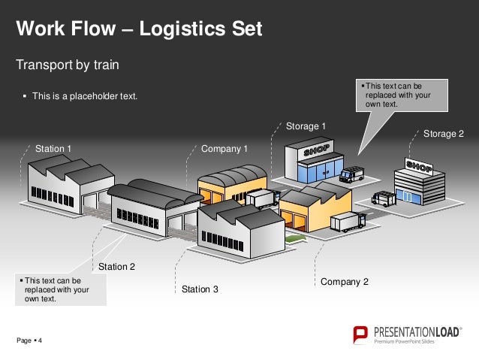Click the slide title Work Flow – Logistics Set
tap(140, 29)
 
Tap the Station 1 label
tap(53, 149)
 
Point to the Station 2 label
tap(117, 266)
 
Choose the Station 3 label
tap(200, 289)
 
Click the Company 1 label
tap(224, 149)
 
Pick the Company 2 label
tap(345, 282)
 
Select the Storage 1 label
tap(306, 126)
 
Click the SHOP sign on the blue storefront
tap(316, 150)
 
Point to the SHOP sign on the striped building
tap(418, 165)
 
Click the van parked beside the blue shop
tap(351, 175)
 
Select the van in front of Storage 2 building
tap(384, 198)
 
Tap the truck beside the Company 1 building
tap(262, 199)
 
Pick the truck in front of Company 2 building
tap(348, 222)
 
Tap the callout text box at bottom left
tap(61, 289)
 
